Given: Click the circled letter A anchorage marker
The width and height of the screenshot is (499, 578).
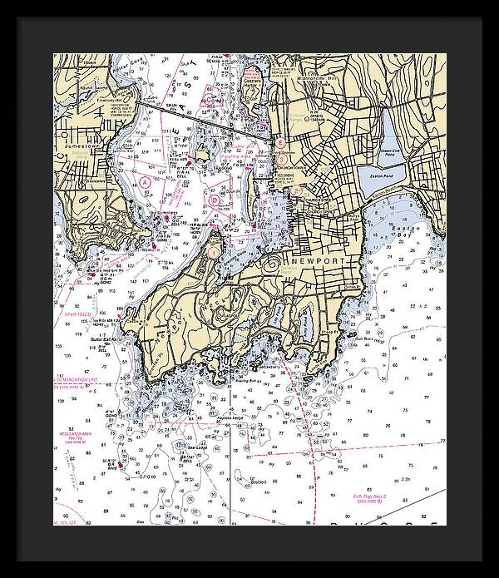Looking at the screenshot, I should tap(146, 180).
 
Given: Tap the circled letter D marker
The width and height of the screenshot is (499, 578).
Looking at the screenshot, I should tap(214, 200).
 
